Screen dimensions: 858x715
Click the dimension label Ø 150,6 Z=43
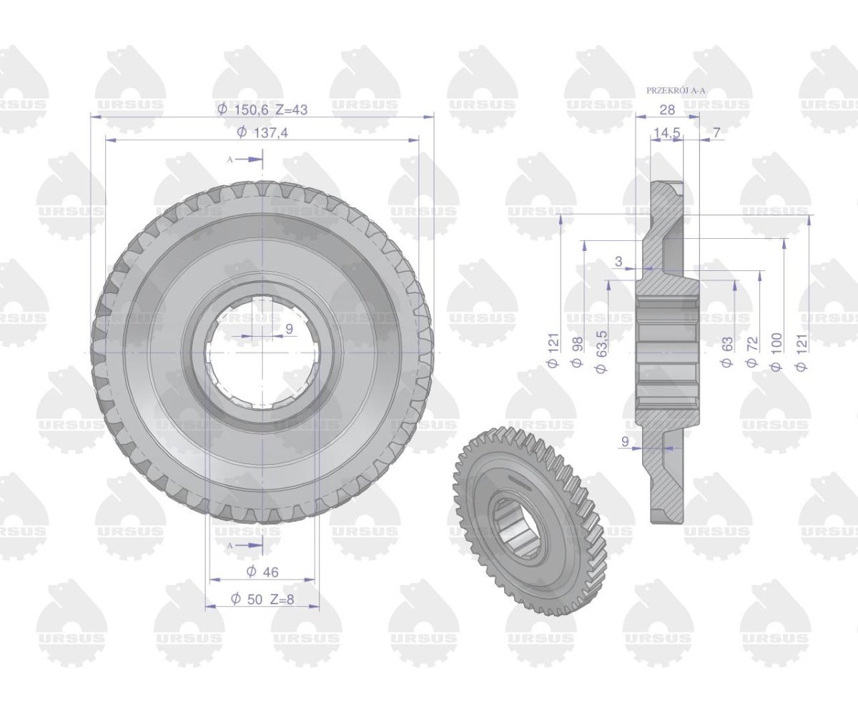tap(262, 109)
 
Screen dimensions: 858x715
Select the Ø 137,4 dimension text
tap(262, 132)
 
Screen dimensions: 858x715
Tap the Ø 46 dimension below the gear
tap(262, 571)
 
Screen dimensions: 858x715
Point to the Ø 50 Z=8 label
tap(262, 599)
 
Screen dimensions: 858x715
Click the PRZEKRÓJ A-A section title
tap(676, 90)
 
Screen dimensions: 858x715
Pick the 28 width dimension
tap(667, 109)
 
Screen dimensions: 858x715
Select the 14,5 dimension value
tap(667, 133)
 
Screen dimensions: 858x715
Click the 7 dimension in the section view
tap(716, 132)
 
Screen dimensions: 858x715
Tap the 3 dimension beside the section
tap(619, 261)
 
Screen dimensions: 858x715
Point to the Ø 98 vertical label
tap(577, 352)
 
